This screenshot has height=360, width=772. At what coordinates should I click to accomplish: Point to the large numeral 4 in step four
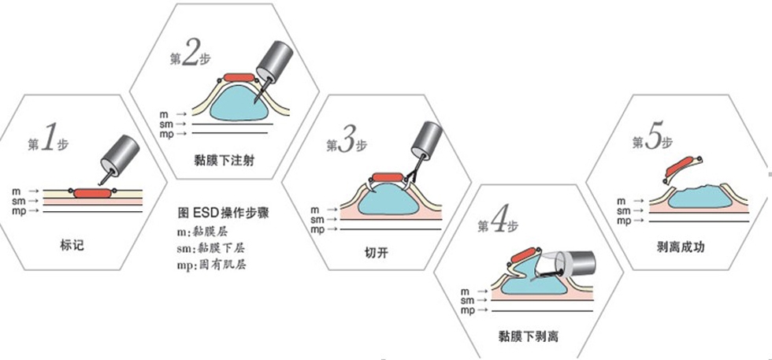498,223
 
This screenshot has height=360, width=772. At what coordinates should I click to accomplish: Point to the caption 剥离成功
681,247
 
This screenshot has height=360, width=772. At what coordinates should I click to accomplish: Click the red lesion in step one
93,193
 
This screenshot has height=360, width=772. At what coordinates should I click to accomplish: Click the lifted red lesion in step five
681,165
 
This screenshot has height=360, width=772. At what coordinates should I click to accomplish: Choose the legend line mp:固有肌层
212,265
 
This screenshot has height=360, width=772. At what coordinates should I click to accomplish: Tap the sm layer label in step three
317,220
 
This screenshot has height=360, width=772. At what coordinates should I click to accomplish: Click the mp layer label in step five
624,221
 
